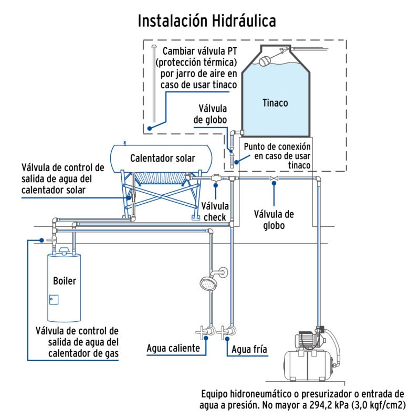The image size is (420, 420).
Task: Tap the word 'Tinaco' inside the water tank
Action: pos(275,103)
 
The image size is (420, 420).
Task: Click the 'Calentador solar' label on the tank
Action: pos(162,158)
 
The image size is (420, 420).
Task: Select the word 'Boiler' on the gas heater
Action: pos(65,281)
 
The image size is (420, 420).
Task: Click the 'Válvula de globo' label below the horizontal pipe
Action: pos(273,220)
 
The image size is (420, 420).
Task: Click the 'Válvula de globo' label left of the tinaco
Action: pos(213,114)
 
